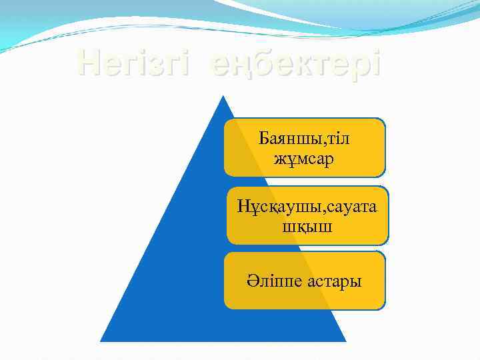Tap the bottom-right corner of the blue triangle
[x=346, y=341]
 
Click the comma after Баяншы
[x=322, y=142]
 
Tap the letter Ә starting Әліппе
[x=250, y=281]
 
